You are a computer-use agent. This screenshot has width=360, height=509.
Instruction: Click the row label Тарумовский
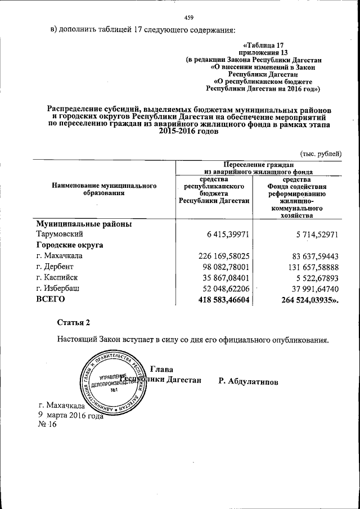[x=60, y=234]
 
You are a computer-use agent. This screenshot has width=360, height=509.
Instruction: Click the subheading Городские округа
[x=72, y=245]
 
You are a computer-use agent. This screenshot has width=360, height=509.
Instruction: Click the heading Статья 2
[x=73, y=322]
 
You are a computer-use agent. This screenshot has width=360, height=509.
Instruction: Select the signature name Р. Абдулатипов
[x=248, y=381]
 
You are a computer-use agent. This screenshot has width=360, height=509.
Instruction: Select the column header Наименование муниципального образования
[x=104, y=188]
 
